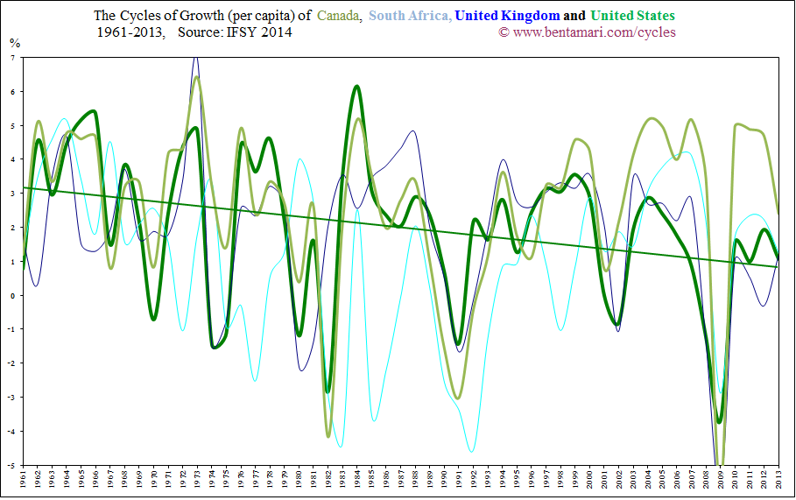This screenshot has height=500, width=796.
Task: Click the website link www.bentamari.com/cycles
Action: click(x=593, y=32)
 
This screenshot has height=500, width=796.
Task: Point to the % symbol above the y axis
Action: click(x=14, y=42)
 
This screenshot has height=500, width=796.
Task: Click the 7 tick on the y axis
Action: click(x=12, y=57)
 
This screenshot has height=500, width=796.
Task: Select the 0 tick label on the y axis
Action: click(x=12, y=295)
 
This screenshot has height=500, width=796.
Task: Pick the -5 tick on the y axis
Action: click(x=11, y=465)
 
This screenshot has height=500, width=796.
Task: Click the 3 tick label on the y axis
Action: click(x=12, y=194)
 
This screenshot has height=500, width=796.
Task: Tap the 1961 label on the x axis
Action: click(x=23, y=480)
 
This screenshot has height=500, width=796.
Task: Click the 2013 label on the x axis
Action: click(x=778, y=480)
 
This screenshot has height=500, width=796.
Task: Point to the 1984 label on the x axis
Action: click(x=357, y=480)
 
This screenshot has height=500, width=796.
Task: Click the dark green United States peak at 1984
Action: click(x=357, y=86)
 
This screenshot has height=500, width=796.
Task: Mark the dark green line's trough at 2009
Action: click(x=720, y=421)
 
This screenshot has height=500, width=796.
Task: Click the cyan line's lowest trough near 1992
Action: click(x=472, y=452)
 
